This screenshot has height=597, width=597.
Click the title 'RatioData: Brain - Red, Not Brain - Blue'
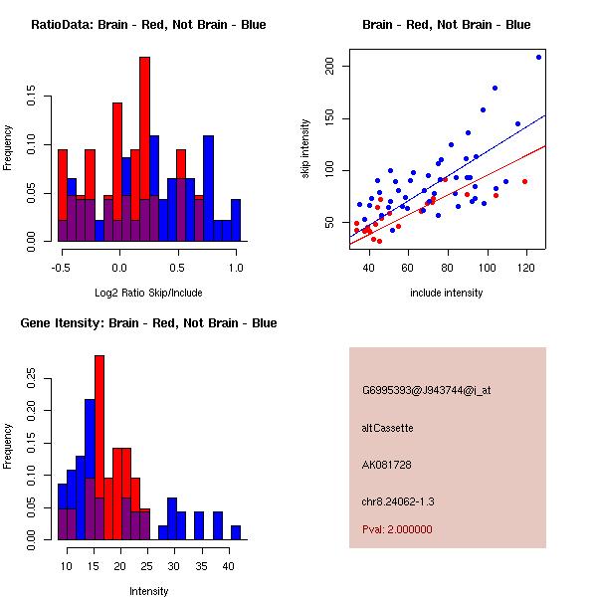tap(148, 25)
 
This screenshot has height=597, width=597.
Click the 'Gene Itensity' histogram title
tap(148, 323)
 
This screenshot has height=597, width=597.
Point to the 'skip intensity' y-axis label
tap(306, 149)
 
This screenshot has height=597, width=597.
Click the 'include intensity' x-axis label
tap(447, 293)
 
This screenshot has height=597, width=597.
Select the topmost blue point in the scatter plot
tap(538, 57)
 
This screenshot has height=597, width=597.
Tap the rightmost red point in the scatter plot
tap(524, 181)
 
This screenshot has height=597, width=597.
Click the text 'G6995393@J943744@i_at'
tap(426, 390)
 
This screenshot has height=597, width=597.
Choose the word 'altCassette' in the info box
tap(387, 428)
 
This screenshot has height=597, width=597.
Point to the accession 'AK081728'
tap(387, 465)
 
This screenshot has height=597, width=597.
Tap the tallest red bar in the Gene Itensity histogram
tap(99, 448)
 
